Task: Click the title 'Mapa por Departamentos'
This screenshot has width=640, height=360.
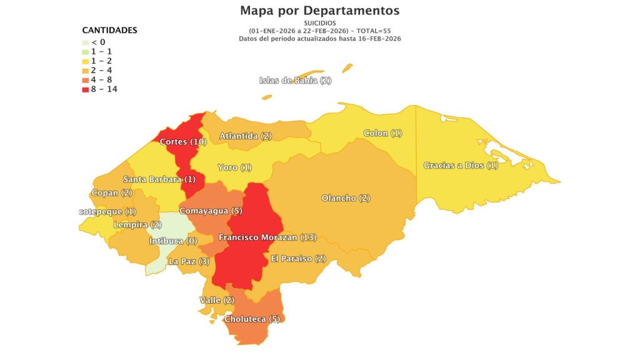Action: pyautogui.click(x=319, y=11)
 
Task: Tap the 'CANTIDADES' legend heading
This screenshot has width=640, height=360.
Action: pyautogui.click(x=109, y=30)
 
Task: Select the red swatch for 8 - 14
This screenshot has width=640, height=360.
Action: pyautogui.click(x=85, y=89)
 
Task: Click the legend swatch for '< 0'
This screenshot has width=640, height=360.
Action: pyautogui.click(x=85, y=42)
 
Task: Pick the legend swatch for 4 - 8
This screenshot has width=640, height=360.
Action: pyautogui.click(x=85, y=80)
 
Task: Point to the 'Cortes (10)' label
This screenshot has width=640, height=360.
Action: pyautogui.click(x=183, y=142)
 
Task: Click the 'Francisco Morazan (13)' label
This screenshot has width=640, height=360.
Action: pyautogui.click(x=267, y=237)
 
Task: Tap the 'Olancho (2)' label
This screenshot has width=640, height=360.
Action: pyautogui.click(x=346, y=198)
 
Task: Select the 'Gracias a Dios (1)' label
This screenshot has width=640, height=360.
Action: pyautogui.click(x=461, y=166)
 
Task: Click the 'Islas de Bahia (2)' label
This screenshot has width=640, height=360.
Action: pyautogui.click(x=295, y=81)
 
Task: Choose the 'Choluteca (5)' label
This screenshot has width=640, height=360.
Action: pyautogui.click(x=252, y=319)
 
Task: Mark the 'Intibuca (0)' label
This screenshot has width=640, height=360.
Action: pyautogui.click(x=173, y=241)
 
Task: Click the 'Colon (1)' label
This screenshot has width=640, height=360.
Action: pyautogui.click(x=382, y=133)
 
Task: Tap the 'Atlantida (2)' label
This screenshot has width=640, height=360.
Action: pyautogui.click(x=245, y=136)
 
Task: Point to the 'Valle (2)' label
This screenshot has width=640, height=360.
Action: pyautogui.click(x=216, y=301)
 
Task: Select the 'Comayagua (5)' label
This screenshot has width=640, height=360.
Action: pyautogui.click(x=211, y=211)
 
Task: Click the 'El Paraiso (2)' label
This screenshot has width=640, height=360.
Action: pyautogui.click(x=298, y=259)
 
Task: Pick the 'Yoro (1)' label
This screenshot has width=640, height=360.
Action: pyautogui.click(x=234, y=167)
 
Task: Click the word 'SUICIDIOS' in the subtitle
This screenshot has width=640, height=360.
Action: pyautogui.click(x=319, y=23)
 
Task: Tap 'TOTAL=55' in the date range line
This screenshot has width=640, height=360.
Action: pyautogui.click(x=371, y=31)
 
